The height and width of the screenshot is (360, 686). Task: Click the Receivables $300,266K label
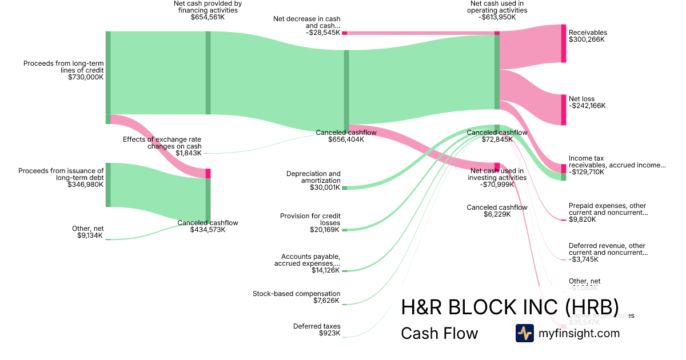pyautogui.click(x=588, y=36)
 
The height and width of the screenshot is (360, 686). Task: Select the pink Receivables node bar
pyautogui.click(x=564, y=43)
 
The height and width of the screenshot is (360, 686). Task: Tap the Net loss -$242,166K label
pyautogui.click(x=587, y=102)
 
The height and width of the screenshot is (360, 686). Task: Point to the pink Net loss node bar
pyautogui.click(x=564, y=110)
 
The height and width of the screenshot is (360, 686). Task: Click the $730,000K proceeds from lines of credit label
pyautogui.click(x=63, y=70)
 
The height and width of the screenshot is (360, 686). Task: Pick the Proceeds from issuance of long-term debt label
pyautogui.click(x=61, y=177)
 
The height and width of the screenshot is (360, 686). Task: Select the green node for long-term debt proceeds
pyautogui.click(x=108, y=185)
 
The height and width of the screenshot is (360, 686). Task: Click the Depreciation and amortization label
pyautogui.click(x=313, y=180)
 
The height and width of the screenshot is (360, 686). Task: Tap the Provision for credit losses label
pyautogui.click(x=310, y=223)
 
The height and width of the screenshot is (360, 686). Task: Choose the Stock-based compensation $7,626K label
pyautogui.click(x=296, y=297)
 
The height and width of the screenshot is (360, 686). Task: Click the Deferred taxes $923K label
pyautogui.click(x=317, y=330)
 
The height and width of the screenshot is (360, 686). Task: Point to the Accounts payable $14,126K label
pyautogui.click(x=308, y=263)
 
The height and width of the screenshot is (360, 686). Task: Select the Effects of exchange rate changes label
pyautogui.click(x=162, y=146)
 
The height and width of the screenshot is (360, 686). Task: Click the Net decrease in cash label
pyautogui.click(x=306, y=26)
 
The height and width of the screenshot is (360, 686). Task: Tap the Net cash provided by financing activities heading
pyautogui.click(x=208, y=10)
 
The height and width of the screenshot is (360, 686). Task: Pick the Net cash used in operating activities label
pyautogui.click(x=497, y=10)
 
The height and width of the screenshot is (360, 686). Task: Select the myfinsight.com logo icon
pyautogui.click(x=524, y=333)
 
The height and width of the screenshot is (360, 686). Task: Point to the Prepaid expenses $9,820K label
pyautogui.click(x=608, y=213)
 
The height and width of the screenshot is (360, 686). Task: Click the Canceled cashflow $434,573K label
pyautogui.click(x=208, y=226)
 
